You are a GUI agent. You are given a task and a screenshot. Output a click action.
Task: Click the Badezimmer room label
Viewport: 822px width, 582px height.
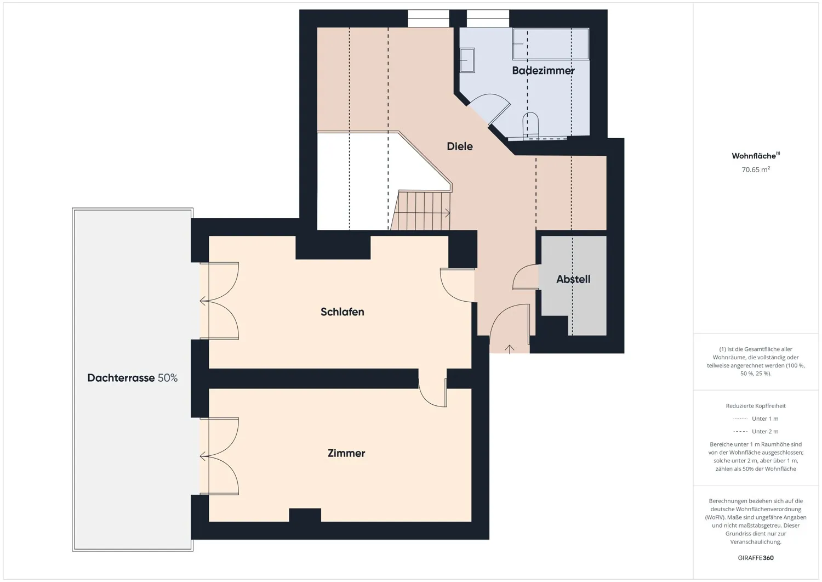[x=543, y=71]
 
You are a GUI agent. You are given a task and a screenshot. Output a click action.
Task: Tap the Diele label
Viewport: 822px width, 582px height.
[x=460, y=146]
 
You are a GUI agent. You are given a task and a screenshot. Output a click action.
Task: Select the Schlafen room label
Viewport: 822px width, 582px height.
[x=342, y=312]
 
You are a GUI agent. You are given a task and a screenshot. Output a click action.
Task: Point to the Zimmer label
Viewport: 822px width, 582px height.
[x=346, y=453]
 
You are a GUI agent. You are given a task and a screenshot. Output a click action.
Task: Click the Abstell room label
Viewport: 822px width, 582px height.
[x=573, y=279]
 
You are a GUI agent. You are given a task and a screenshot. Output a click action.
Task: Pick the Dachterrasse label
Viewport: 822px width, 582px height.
[x=121, y=378]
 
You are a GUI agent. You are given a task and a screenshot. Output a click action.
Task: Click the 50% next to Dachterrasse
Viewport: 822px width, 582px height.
[x=168, y=378]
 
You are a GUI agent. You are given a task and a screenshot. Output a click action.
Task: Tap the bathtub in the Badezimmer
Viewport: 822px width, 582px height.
[x=551, y=44]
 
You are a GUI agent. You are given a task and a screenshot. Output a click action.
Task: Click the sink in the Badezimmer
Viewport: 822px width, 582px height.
[x=467, y=60]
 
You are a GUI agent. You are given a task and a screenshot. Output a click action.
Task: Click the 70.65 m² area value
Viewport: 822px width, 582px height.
[x=756, y=169]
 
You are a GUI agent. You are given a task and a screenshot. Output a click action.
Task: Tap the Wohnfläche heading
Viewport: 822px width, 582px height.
[x=756, y=155]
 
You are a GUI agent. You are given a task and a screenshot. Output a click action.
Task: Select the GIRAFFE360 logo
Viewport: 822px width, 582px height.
[x=756, y=558]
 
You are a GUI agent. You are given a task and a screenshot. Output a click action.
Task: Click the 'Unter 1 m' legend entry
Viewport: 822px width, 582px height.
[x=756, y=419]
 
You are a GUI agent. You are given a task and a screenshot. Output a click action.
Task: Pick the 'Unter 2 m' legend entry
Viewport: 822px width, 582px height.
[x=756, y=431]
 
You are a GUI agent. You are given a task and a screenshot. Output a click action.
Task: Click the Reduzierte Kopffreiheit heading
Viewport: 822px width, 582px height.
[x=756, y=406]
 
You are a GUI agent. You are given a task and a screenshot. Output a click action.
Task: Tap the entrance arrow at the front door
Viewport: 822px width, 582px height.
[x=509, y=349]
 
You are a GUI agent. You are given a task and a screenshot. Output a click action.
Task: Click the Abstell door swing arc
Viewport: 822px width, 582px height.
[x=521, y=274]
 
